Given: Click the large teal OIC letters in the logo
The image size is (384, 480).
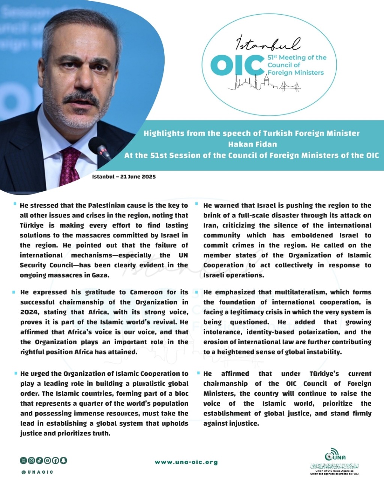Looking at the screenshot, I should [x=237, y=65].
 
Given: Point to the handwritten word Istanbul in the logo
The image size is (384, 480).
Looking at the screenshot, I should [x=268, y=44].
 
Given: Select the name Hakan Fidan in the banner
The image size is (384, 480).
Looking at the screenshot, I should [x=252, y=144].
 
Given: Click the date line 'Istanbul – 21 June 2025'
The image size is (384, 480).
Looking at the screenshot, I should [x=124, y=177].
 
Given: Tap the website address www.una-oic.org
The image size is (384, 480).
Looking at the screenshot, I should [x=186, y=462].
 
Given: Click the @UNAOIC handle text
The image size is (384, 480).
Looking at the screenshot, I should [x=37, y=472].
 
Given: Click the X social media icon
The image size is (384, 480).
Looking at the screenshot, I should [x=23, y=460].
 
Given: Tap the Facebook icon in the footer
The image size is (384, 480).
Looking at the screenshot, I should [x=55, y=460].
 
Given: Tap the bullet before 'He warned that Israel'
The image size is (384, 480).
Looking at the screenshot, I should [x=197, y=204].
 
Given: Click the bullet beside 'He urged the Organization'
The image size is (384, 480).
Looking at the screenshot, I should [x=15, y=373].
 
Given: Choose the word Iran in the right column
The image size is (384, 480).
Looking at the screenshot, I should [x=211, y=225].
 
